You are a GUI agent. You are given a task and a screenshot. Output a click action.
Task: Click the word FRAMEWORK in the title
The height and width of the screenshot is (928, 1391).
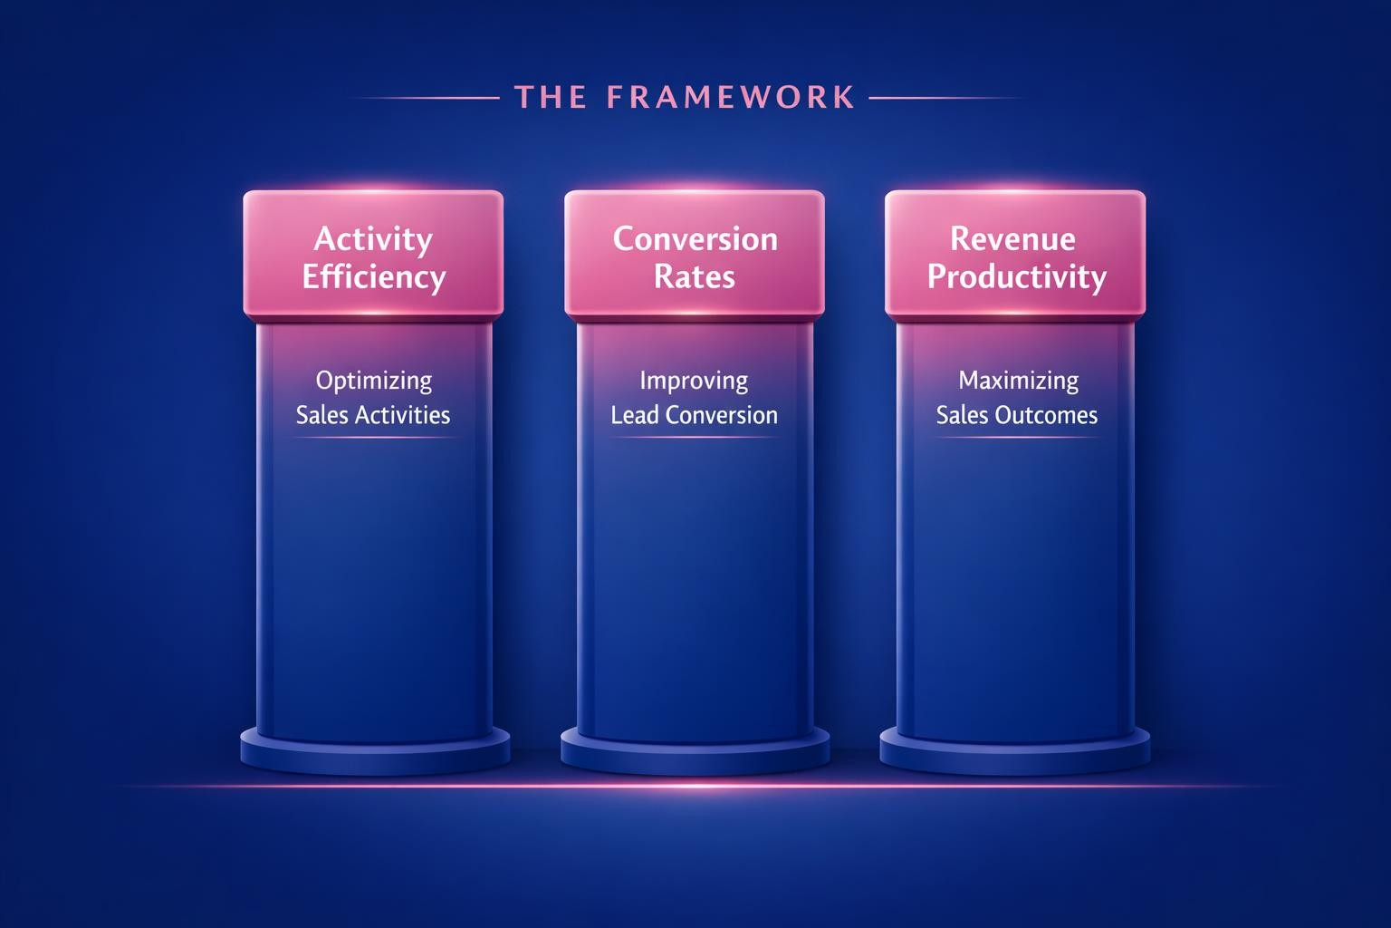[x=730, y=97]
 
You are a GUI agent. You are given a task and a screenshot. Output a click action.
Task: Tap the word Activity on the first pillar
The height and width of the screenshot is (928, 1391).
[x=373, y=239]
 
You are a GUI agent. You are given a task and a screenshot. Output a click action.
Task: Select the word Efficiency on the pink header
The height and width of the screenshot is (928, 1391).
[x=373, y=276]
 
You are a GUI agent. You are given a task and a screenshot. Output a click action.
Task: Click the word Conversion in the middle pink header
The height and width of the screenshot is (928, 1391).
[x=695, y=239]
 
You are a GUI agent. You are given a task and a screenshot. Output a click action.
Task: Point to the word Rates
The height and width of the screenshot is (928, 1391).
[x=695, y=276]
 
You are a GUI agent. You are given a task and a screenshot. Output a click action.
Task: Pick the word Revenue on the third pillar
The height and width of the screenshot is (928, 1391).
[x=1012, y=239]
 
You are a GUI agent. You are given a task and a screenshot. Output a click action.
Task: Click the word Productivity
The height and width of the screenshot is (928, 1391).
[x=1016, y=276]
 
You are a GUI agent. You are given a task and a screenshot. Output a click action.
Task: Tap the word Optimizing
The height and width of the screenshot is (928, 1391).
[x=373, y=381]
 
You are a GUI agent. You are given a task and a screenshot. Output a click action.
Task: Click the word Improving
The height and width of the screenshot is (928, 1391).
[x=694, y=381]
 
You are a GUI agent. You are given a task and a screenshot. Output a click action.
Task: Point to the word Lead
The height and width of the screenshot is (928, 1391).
[x=634, y=415]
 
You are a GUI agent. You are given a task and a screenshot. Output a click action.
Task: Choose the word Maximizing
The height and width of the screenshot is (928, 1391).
[x=1018, y=381]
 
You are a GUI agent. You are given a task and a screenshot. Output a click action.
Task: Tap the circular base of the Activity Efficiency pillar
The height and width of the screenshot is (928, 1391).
[x=375, y=752]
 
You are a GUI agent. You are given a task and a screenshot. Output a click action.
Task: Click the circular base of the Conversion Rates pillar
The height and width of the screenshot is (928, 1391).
[x=695, y=752]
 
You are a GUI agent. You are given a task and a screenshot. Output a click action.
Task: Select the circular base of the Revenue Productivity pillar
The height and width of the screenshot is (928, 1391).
[x=1015, y=752]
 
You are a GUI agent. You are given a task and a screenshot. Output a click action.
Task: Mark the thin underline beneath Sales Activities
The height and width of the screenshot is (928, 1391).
[x=373, y=438]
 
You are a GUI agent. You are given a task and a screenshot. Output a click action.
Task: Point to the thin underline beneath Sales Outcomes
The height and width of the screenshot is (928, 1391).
[x=1016, y=438]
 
